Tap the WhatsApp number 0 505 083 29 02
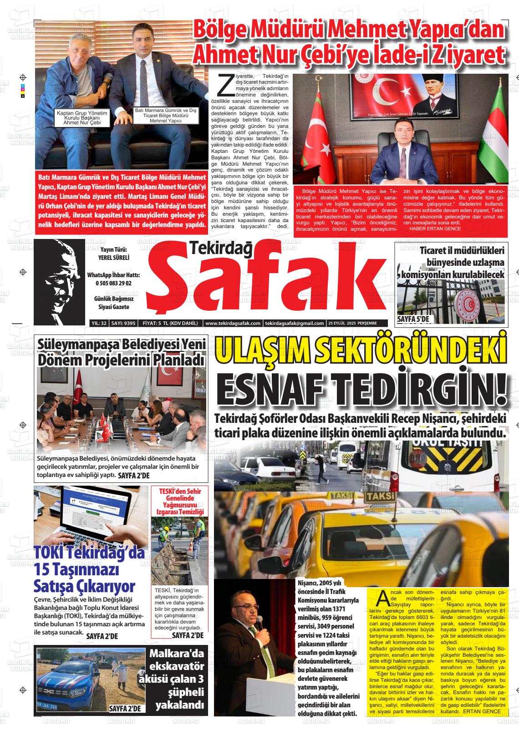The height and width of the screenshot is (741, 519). (113, 283)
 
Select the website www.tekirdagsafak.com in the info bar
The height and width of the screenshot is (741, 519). (233, 323)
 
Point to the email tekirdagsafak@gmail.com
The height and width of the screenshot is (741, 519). (294, 323)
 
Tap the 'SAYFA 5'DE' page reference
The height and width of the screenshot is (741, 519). (413, 320)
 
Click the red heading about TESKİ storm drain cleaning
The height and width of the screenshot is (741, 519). (179, 501)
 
